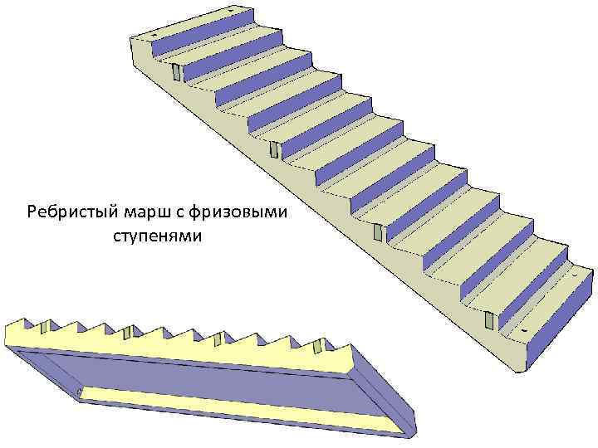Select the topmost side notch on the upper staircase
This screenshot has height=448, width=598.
coord(177,72)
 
